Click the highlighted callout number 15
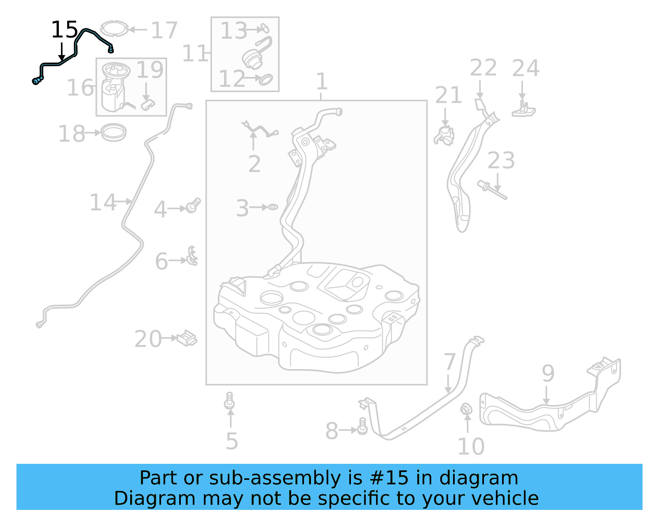[64, 30]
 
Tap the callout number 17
[164, 30]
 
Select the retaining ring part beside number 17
[114, 28]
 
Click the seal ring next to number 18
[114, 132]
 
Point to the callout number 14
[103, 202]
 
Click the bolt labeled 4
[193, 205]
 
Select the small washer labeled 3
[273, 207]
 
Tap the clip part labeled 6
[192, 257]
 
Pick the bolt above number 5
[230, 401]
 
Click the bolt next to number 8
[362, 426]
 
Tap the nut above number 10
[466, 409]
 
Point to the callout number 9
[548, 373]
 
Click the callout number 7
[449, 362]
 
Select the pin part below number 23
[492, 190]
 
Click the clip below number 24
[523, 109]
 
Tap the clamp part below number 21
[444, 135]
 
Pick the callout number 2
[254, 164]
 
